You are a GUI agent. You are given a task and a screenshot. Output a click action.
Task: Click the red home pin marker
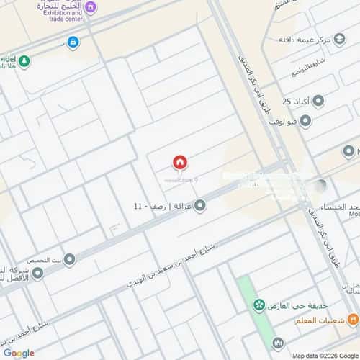179,163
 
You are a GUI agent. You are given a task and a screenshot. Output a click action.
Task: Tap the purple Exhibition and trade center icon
90,7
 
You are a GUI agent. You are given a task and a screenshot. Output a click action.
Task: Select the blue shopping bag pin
73,42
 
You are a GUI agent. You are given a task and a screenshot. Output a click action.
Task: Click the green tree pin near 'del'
24,60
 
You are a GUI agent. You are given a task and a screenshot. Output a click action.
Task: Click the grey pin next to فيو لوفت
305,122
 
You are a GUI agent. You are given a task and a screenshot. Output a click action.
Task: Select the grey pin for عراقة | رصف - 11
200,206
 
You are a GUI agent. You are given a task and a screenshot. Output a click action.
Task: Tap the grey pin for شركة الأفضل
37,273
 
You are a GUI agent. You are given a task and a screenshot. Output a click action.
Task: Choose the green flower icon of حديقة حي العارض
258,305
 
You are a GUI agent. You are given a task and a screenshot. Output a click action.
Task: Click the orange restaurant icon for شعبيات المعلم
352,320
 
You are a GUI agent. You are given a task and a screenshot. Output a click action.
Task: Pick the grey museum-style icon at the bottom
278,343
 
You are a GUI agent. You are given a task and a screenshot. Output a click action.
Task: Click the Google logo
18,353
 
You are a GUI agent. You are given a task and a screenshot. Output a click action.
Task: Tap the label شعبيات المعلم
317,320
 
